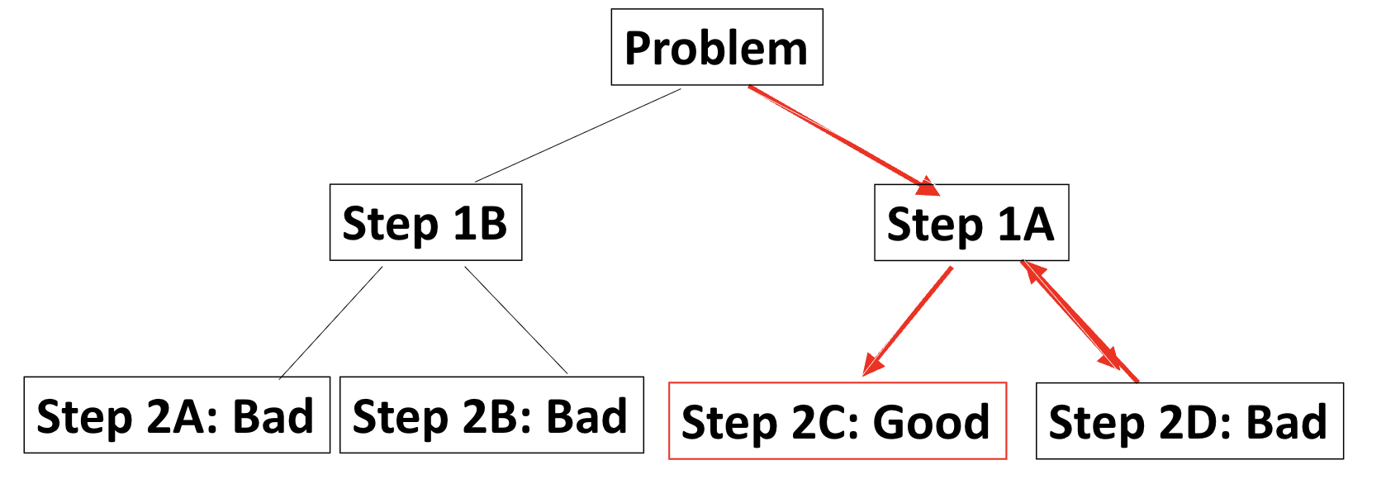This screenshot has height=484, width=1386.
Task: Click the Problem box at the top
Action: [716, 47]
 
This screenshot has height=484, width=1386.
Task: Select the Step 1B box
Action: [425, 222]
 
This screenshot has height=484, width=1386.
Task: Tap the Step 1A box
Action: [971, 222]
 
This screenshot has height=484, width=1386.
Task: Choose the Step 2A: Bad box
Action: [176, 415]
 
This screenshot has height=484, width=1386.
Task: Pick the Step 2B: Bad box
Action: [491, 415]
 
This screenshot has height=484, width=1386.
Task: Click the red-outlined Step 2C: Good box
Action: [837, 420]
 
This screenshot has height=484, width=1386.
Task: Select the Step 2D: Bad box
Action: [1189, 420]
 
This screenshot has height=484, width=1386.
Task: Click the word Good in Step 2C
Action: [931, 422]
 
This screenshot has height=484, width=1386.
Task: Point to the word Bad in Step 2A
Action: [273, 416]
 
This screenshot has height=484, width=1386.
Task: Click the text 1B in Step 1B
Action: [479, 223]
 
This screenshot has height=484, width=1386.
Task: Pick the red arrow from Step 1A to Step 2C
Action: [909, 320]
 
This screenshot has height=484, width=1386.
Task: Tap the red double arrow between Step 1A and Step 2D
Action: [1079, 322]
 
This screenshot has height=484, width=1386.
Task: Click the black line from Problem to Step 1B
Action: [578, 135]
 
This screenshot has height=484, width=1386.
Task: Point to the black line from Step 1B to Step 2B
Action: [516, 320]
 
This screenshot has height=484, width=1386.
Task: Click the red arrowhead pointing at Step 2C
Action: [872, 364]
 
